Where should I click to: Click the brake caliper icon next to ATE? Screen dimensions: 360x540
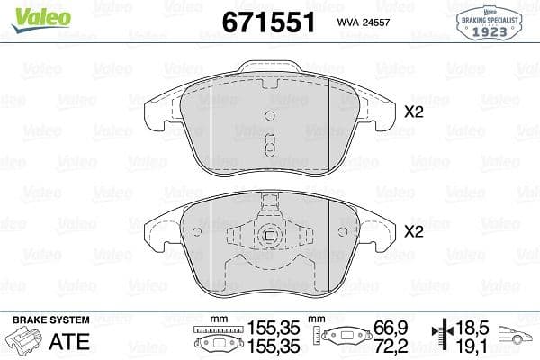[x=25, y=340]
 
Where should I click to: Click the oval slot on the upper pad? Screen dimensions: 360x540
[x=268, y=145]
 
